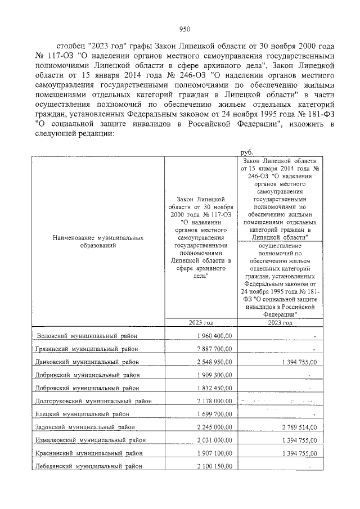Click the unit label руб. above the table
(x=246, y=152)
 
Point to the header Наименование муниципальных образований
(x=98, y=242)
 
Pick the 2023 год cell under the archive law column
(x=201, y=323)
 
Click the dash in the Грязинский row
(x=316, y=349)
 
